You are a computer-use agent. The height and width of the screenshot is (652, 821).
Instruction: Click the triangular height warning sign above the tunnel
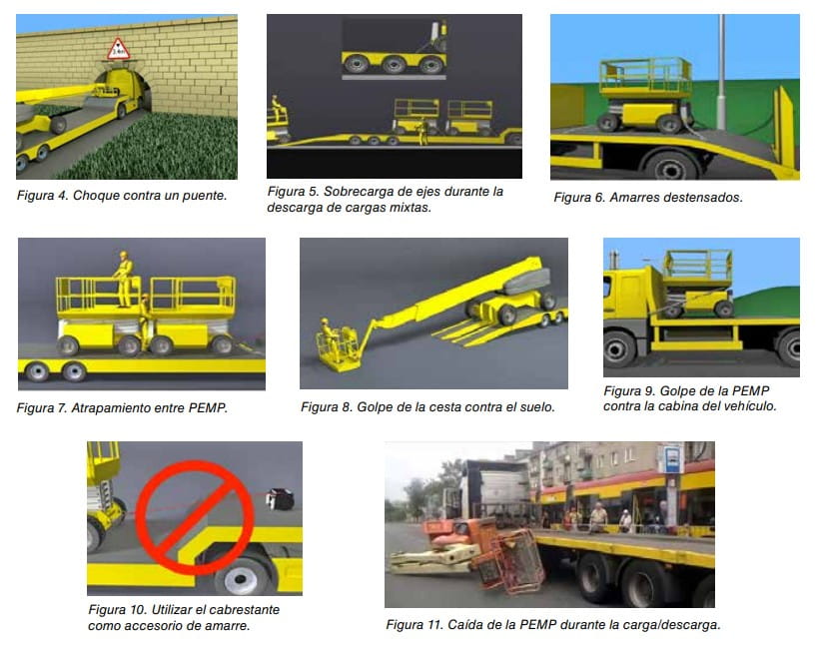pyautogui.click(x=118, y=50)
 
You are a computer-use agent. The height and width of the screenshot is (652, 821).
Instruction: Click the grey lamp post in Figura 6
pyautogui.click(x=721, y=72)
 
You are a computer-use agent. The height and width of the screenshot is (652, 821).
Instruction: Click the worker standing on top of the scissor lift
pyautogui.click(x=124, y=279)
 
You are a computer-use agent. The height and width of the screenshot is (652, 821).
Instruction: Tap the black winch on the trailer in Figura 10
pyautogui.click(x=280, y=498)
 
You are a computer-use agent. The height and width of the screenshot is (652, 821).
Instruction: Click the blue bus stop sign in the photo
pyautogui.click(x=671, y=459)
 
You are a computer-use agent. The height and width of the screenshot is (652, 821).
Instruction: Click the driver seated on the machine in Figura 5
pyautogui.click(x=277, y=108)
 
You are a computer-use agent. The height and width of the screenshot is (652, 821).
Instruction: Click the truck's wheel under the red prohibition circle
pyautogui.click(x=241, y=577)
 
